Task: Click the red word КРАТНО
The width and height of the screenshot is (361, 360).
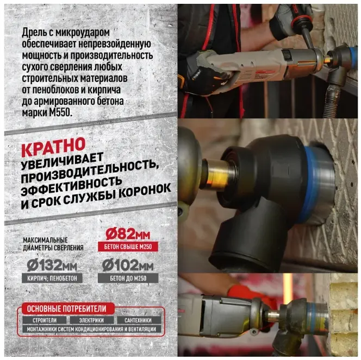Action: click(x=53, y=147)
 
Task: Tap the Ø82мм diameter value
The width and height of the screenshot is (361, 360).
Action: click(x=128, y=235)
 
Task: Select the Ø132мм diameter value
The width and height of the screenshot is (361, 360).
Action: click(x=52, y=266)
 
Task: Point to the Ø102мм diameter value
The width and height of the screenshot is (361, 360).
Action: click(x=128, y=266)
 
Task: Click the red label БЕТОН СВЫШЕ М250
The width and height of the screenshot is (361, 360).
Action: click(x=128, y=247)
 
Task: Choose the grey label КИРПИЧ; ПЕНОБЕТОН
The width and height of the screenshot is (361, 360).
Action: click(x=52, y=278)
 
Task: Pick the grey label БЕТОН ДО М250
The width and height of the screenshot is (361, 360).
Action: click(x=128, y=278)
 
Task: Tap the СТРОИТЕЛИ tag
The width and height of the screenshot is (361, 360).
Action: click(x=45, y=320)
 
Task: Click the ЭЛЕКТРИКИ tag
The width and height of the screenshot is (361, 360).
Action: click(x=91, y=320)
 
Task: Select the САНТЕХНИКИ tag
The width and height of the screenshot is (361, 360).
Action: click(x=138, y=320)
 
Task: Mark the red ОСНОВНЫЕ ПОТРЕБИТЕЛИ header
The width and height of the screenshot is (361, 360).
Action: click(x=66, y=309)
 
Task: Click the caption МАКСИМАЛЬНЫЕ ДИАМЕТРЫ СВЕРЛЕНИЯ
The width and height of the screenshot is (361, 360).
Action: click(x=53, y=244)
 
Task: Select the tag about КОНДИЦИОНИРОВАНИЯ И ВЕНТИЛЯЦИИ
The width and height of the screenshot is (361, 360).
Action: click(x=92, y=329)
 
